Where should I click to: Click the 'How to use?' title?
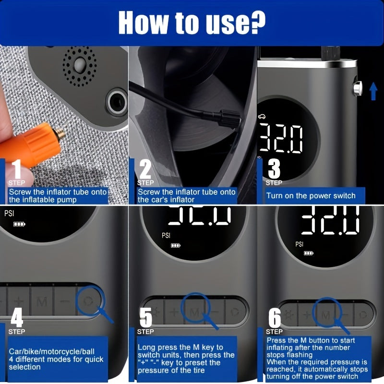(192, 23)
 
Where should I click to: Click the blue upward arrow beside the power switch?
(373, 91)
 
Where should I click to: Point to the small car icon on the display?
(262, 117)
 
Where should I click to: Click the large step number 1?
(17, 169)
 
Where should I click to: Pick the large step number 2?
(145, 169)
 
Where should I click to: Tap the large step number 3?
(274, 169)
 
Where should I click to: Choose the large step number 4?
(17, 317)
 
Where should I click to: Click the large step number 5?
(146, 317)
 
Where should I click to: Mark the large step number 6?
(275, 318)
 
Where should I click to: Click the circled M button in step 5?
(195, 312)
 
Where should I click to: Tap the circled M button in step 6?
(326, 315)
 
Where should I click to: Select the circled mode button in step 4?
(88, 301)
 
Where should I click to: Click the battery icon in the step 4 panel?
(19, 224)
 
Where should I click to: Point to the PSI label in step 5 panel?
(166, 235)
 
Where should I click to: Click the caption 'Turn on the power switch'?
(311, 196)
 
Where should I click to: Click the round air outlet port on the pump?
(117, 102)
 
